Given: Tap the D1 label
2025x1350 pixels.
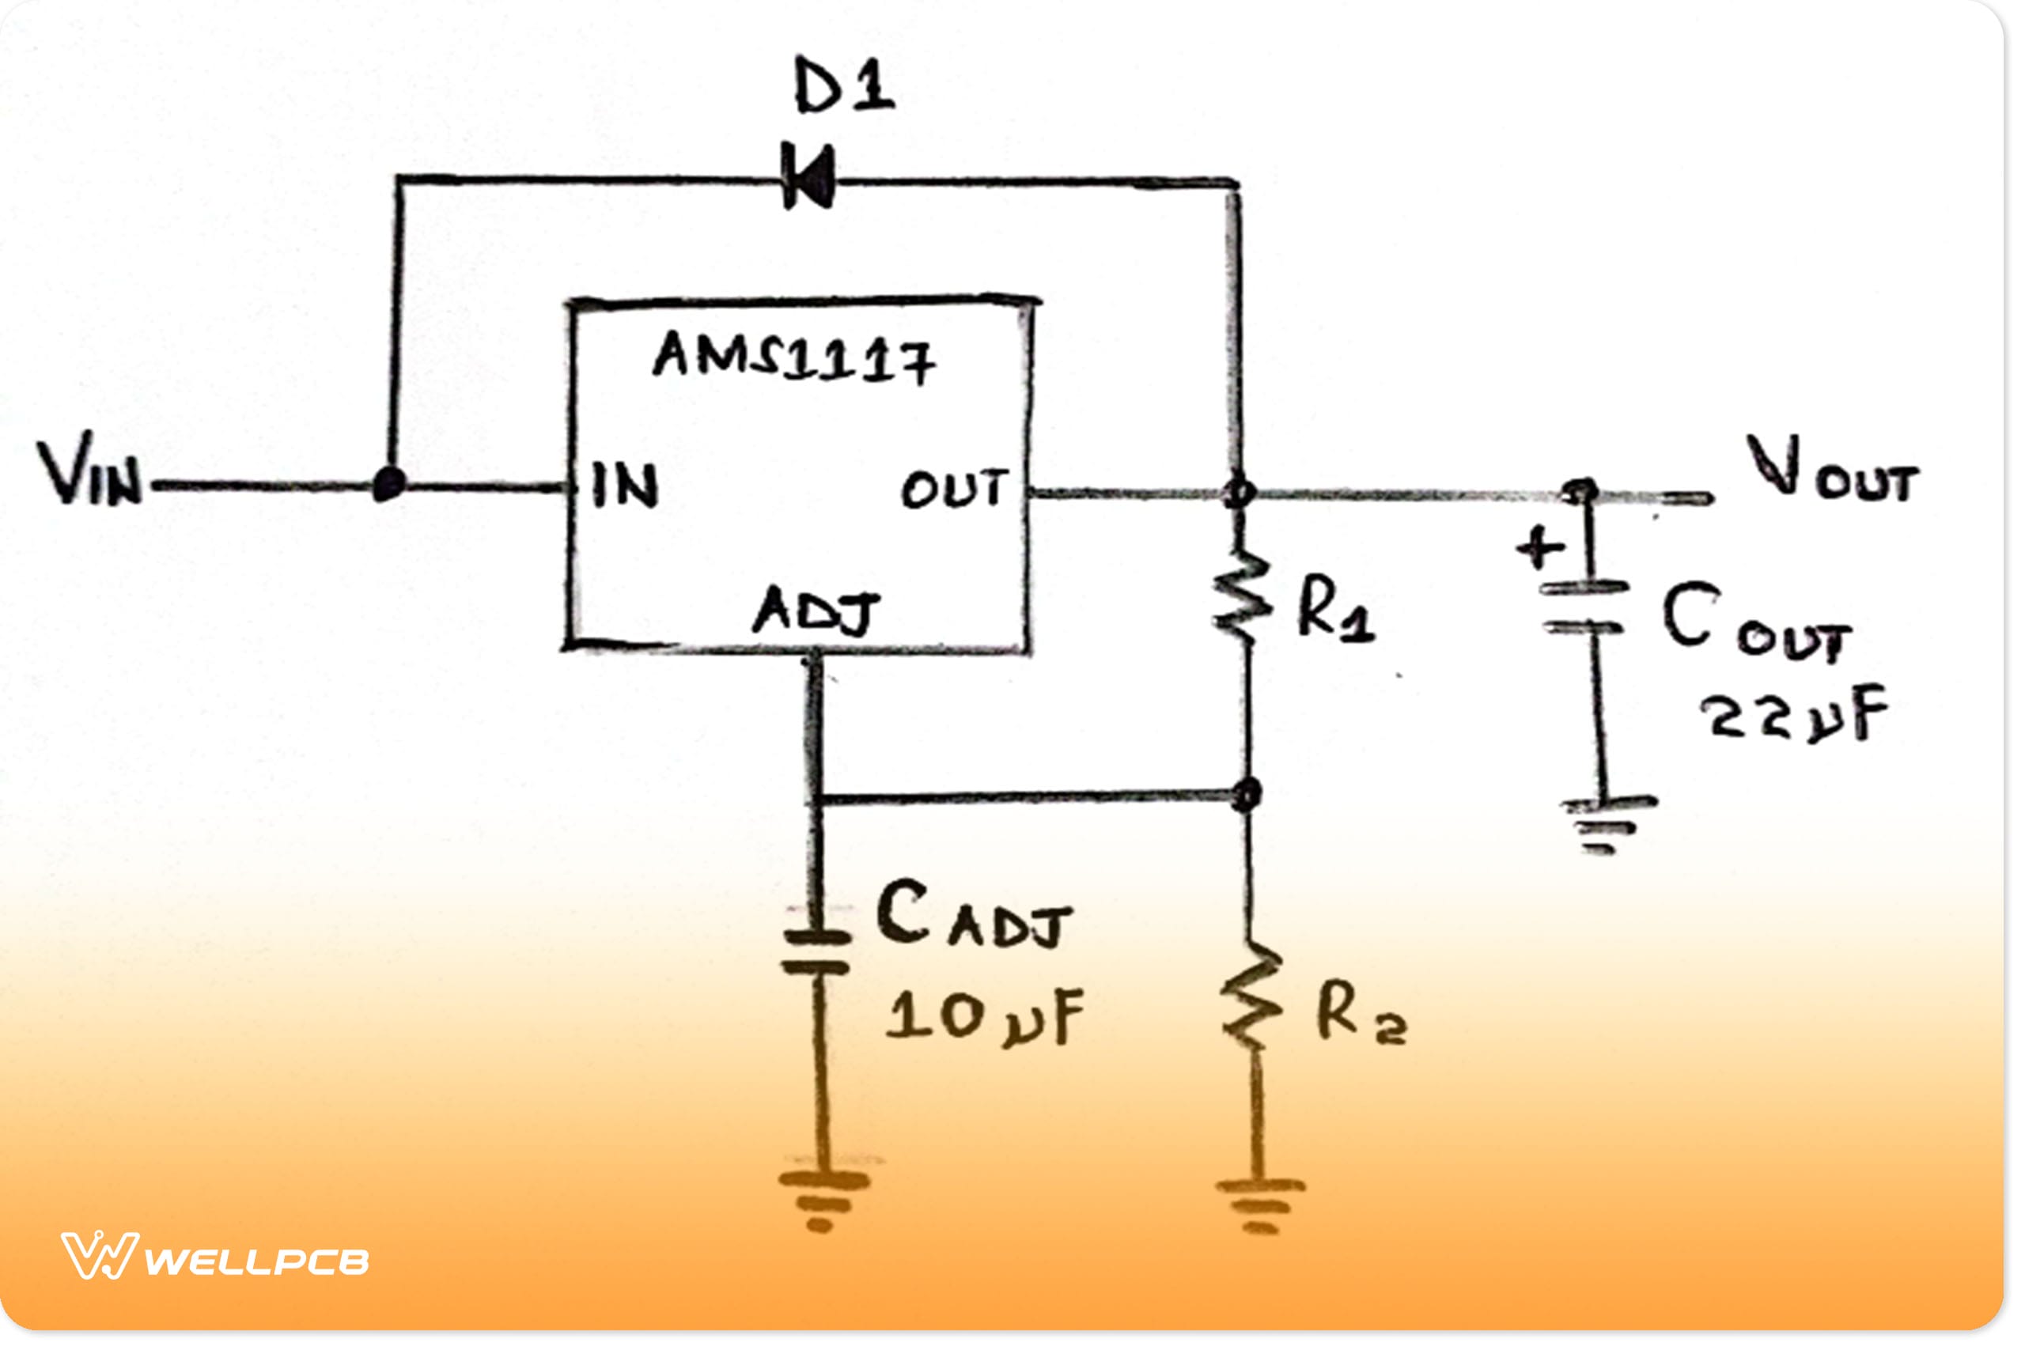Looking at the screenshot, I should click(x=844, y=86).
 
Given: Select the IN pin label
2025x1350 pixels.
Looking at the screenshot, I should click(x=625, y=486).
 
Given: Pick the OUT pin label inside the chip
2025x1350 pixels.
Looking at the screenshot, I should click(x=953, y=488).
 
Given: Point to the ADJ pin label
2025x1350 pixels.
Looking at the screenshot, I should click(x=816, y=611).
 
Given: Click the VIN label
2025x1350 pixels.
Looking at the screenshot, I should click(x=89, y=470).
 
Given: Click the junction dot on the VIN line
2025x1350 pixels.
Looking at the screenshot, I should click(x=389, y=484).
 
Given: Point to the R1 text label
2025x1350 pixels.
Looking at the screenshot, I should click(x=1334, y=610).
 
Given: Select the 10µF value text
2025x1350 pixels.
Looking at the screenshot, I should click(x=985, y=1018).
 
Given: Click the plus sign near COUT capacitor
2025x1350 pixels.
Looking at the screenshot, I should click(x=1540, y=547).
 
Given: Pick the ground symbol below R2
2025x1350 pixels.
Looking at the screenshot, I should click(x=1259, y=1205).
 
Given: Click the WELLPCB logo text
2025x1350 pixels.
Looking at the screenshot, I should click(x=256, y=1262).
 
